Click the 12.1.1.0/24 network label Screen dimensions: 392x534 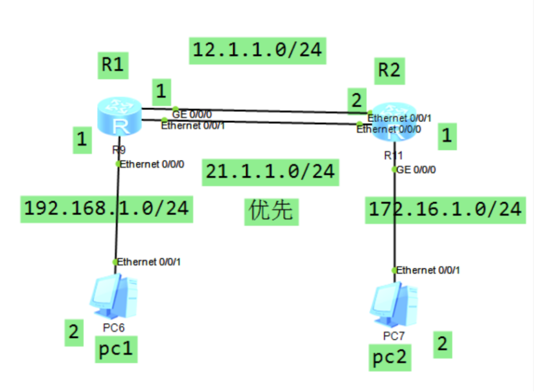point(257,50)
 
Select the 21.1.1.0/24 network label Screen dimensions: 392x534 point(270,171)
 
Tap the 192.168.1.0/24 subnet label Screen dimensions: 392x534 point(106,208)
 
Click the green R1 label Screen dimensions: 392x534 point(112,64)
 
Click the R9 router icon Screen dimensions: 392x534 point(118,118)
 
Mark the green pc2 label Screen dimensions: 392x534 point(391,357)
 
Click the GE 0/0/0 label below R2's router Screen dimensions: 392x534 point(417,170)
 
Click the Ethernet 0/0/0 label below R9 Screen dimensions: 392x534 point(154,163)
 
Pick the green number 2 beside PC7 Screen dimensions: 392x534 point(442,344)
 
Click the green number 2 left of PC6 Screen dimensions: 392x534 point(74,332)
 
